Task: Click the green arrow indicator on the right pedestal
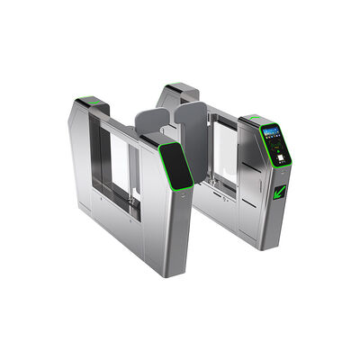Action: pyautogui.click(x=281, y=192)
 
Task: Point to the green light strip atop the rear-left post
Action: pyautogui.click(x=90, y=101)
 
